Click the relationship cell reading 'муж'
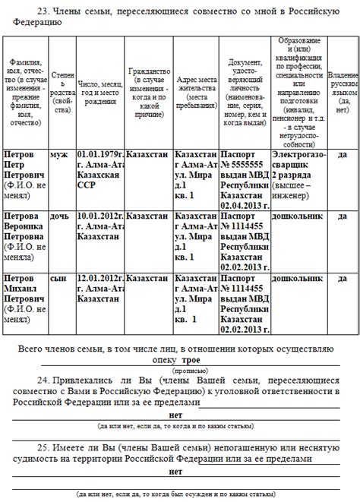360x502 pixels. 58,154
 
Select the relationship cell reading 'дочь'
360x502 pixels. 60,216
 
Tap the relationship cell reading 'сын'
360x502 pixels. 58,278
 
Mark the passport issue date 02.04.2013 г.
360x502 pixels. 244,204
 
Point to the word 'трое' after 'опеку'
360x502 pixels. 191,359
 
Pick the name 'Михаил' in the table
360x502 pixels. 22,288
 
